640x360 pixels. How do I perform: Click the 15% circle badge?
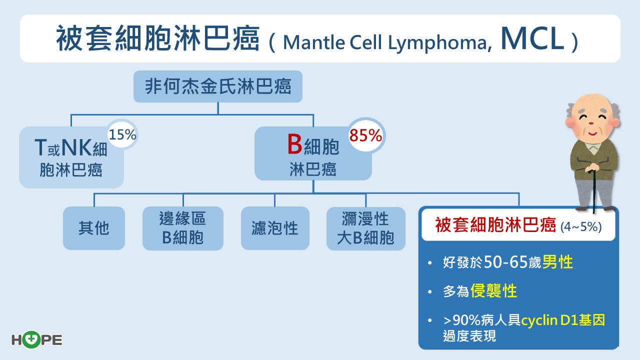122,134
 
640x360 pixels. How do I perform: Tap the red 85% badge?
365,135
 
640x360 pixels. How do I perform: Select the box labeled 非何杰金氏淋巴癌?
217,87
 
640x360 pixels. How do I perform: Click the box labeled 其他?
93,228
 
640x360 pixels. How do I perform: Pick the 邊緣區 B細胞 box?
182,228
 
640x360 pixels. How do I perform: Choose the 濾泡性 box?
275,228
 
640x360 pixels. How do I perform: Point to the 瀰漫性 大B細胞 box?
365,228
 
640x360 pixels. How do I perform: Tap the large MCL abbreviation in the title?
531,40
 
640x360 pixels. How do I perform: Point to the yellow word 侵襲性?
493,291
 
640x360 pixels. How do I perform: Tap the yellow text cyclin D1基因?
562,320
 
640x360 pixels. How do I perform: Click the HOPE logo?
36,340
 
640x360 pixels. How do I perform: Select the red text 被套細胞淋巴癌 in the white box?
495,225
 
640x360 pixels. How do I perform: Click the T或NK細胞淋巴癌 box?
71,158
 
